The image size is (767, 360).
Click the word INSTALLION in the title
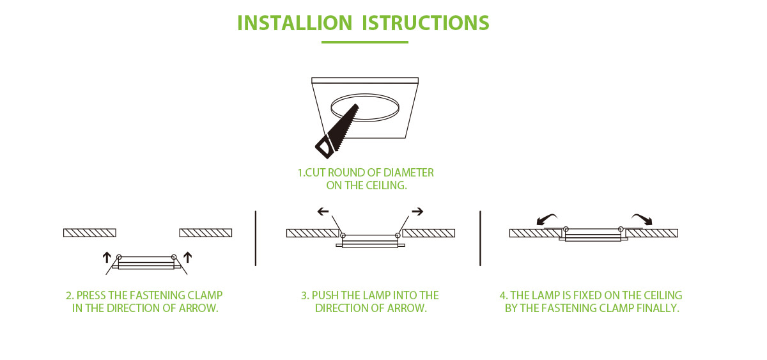(294, 22)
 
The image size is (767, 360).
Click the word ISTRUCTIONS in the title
(426, 22)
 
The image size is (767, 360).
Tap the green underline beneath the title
(364, 42)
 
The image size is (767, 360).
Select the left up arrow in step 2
(107, 257)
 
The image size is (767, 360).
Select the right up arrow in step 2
(188, 257)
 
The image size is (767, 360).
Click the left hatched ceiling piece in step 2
(89, 232)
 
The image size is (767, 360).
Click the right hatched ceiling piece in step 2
(205, 232)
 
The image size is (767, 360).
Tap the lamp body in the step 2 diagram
(146, 263)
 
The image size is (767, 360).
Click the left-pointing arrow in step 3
(323, 211)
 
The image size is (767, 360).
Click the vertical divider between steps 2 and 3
(256, 237)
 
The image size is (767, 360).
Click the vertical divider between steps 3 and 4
(480, 237)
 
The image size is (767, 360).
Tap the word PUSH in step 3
(325, 295)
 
